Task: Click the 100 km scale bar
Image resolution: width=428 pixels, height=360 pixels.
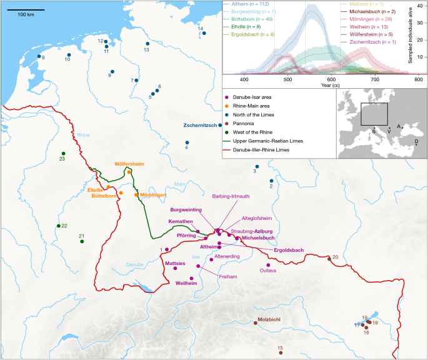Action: [x=26, y=10]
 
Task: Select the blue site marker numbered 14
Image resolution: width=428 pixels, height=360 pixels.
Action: [x=204, y=33]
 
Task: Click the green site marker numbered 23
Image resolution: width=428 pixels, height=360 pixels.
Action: [x=63, y=154]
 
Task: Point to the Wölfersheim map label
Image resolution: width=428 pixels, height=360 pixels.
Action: [x=129, y=164]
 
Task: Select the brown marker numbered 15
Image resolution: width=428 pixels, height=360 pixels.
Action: [x=281, y=353]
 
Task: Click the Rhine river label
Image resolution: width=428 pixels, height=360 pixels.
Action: [x=83, y=135]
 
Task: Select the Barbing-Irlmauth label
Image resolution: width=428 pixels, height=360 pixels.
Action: [x=231, y=196]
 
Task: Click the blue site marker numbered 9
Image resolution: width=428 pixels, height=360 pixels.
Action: [x=39, y=57]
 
